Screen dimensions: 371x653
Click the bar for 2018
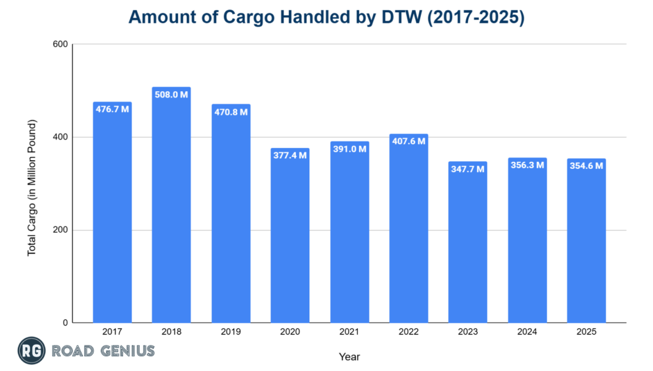(x=171, y=210)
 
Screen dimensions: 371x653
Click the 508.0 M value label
(x=171, y=94)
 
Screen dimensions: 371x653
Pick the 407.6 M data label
(x=408, y=141)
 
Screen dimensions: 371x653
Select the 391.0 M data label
(x=349, y=149)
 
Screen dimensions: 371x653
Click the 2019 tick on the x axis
(x=230, y=332)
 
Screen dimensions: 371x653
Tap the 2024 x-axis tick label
(x=527, y=332)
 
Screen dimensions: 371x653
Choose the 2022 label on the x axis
(x=408, y=332)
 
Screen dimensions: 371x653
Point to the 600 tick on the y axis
(x=61, y=45)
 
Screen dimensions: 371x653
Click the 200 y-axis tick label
(x=61, y=230)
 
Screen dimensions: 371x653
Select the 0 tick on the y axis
(x=65, y=323)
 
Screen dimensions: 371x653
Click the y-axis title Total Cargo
(x=32, y=188)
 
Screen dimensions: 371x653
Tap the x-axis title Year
(x=349, y=357)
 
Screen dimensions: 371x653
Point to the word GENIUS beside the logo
(x=127, y=351)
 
